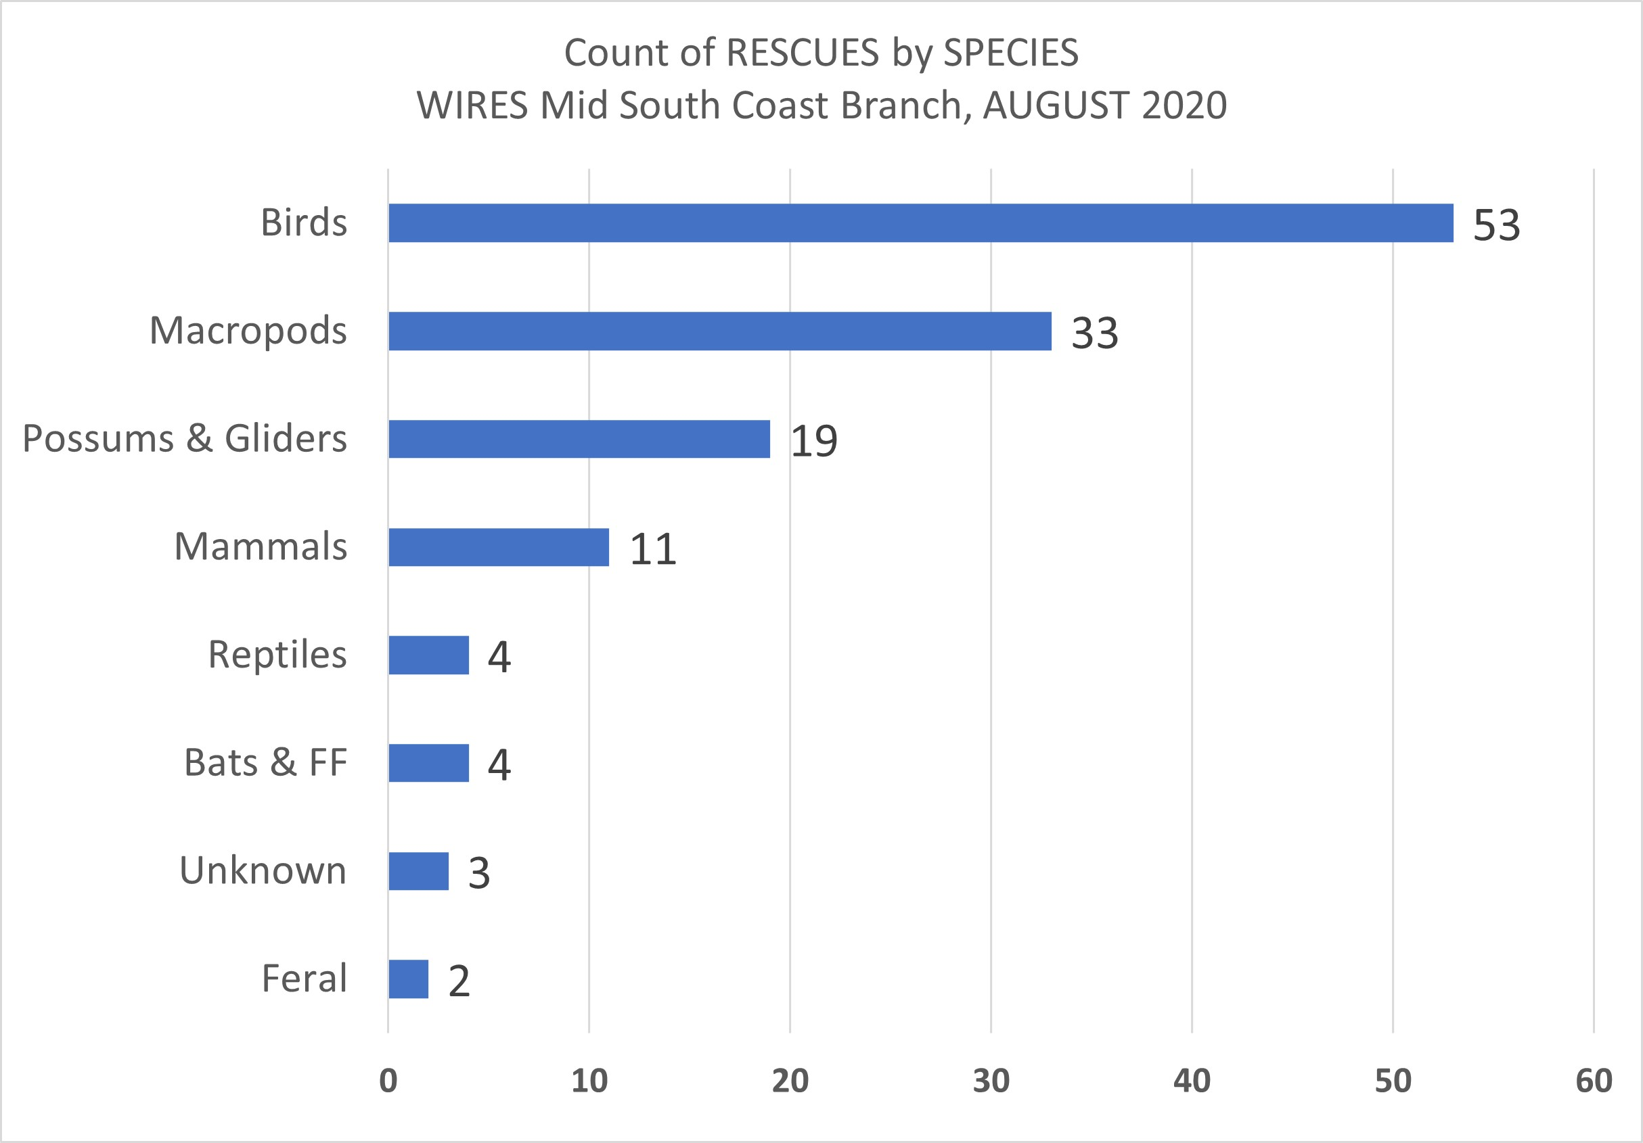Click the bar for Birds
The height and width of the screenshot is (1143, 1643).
click(920, 223)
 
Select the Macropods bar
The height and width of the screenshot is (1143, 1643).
click(719, 331)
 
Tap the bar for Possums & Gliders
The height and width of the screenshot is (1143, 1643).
click(579, 439)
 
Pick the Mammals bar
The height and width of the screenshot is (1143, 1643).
click(498, 547)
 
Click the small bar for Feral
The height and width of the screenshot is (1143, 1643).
click(408, 979)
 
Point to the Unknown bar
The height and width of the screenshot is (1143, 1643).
click(418, 871)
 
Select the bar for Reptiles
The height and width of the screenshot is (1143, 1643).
click(428, 655)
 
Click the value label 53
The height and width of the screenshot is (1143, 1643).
click(1495, 225)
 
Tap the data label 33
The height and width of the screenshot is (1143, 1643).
click(1094, 333)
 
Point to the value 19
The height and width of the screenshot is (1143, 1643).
click(813, 442)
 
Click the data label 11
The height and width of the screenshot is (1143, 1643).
click(652, 549)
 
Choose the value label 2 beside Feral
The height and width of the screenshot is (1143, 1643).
click(459, 981)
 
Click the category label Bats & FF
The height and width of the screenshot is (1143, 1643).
click(265, 762)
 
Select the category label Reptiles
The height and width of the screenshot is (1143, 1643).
click(277, 655)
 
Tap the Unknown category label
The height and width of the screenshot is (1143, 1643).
click(263, 870)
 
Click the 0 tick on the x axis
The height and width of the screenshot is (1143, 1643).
click(388, 1081)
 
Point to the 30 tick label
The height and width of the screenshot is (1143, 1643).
click(991, 1081)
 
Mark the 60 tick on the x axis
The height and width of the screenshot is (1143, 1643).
click(1594, 1081)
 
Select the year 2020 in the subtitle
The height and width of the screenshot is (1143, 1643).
click(1184, 106)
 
